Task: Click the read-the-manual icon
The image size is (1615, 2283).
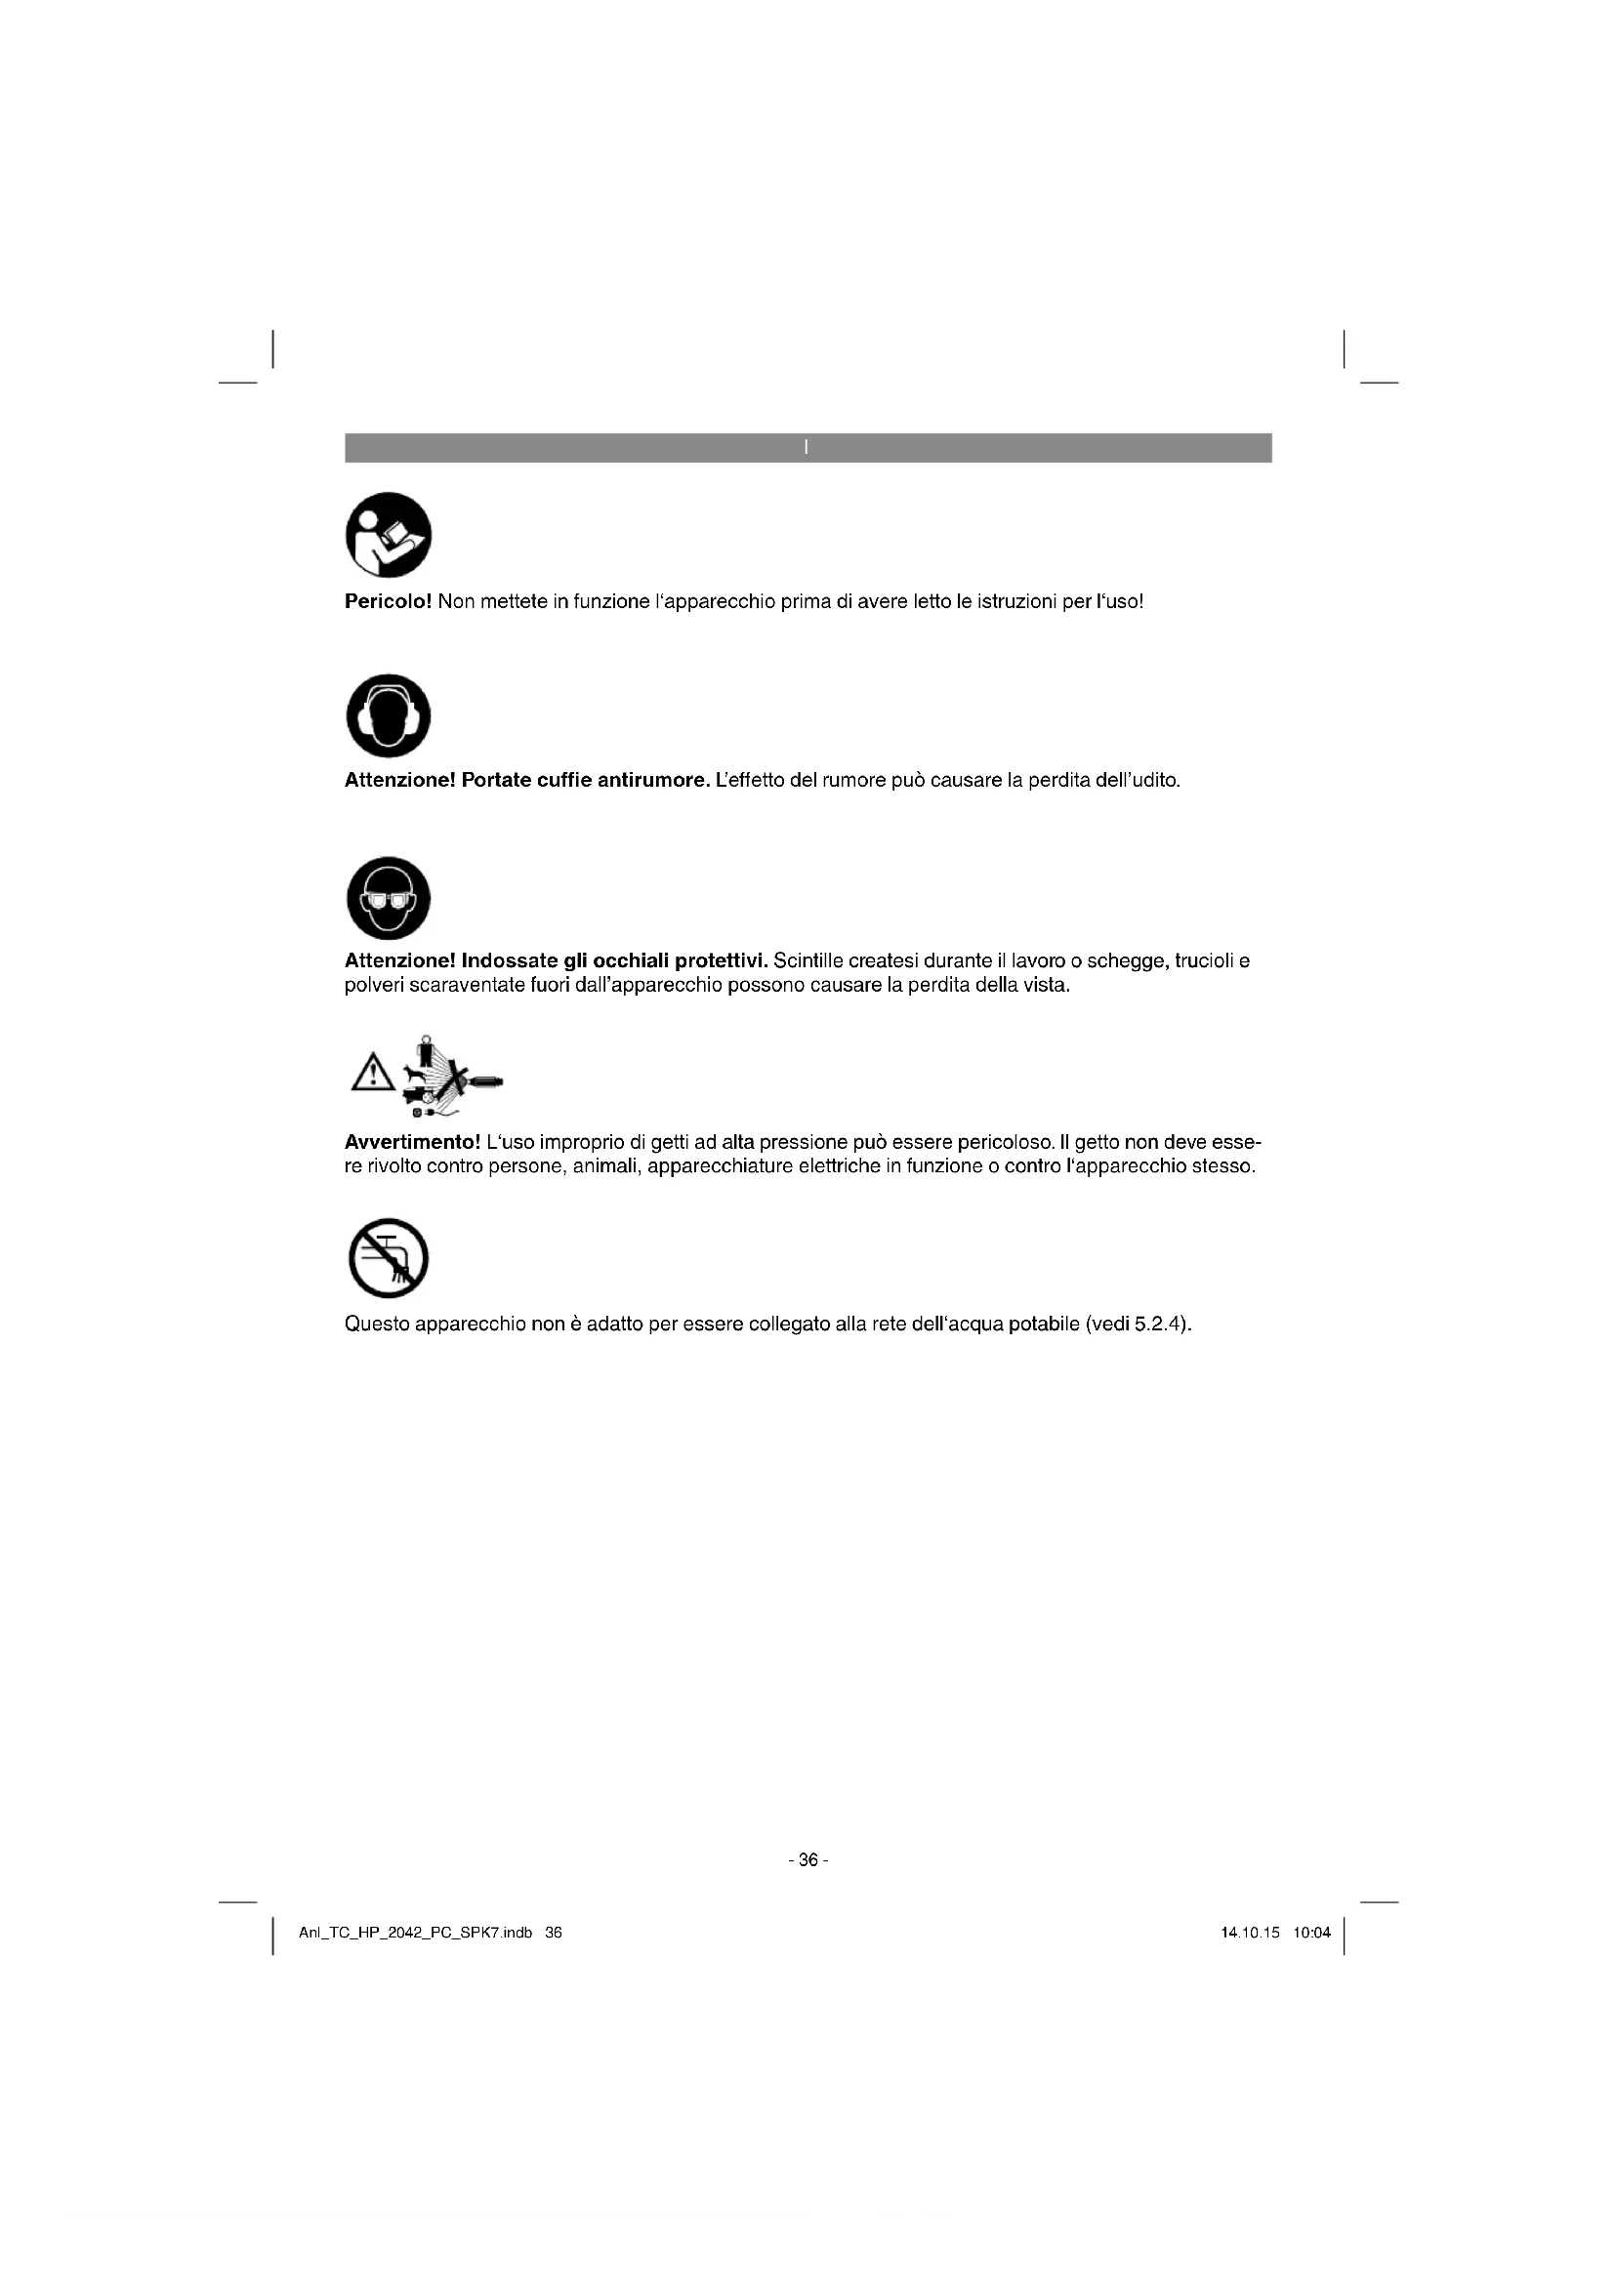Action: [x=388, y=534]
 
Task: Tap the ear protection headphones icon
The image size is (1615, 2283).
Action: [x=388, y=714]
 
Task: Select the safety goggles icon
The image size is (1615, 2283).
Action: [x=388, y=898]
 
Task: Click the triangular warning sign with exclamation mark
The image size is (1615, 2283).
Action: [x=371, y=1073]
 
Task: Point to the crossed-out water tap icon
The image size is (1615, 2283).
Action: [x=388, y=1258]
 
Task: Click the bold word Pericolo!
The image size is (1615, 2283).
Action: [x=388, y=601]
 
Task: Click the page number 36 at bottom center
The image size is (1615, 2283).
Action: [x=807, y=1859]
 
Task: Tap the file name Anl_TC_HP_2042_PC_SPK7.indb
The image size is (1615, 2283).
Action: [x=416, y=1933]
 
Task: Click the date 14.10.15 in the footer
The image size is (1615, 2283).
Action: [x=1250, y=1933]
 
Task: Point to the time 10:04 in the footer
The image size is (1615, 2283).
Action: [x=1311, y=1933]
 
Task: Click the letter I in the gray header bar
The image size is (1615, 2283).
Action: [x=807, y=447]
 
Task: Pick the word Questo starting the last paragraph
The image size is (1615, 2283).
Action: [x=377, y=1325]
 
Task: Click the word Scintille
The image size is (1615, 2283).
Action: [x=808, y=960]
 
